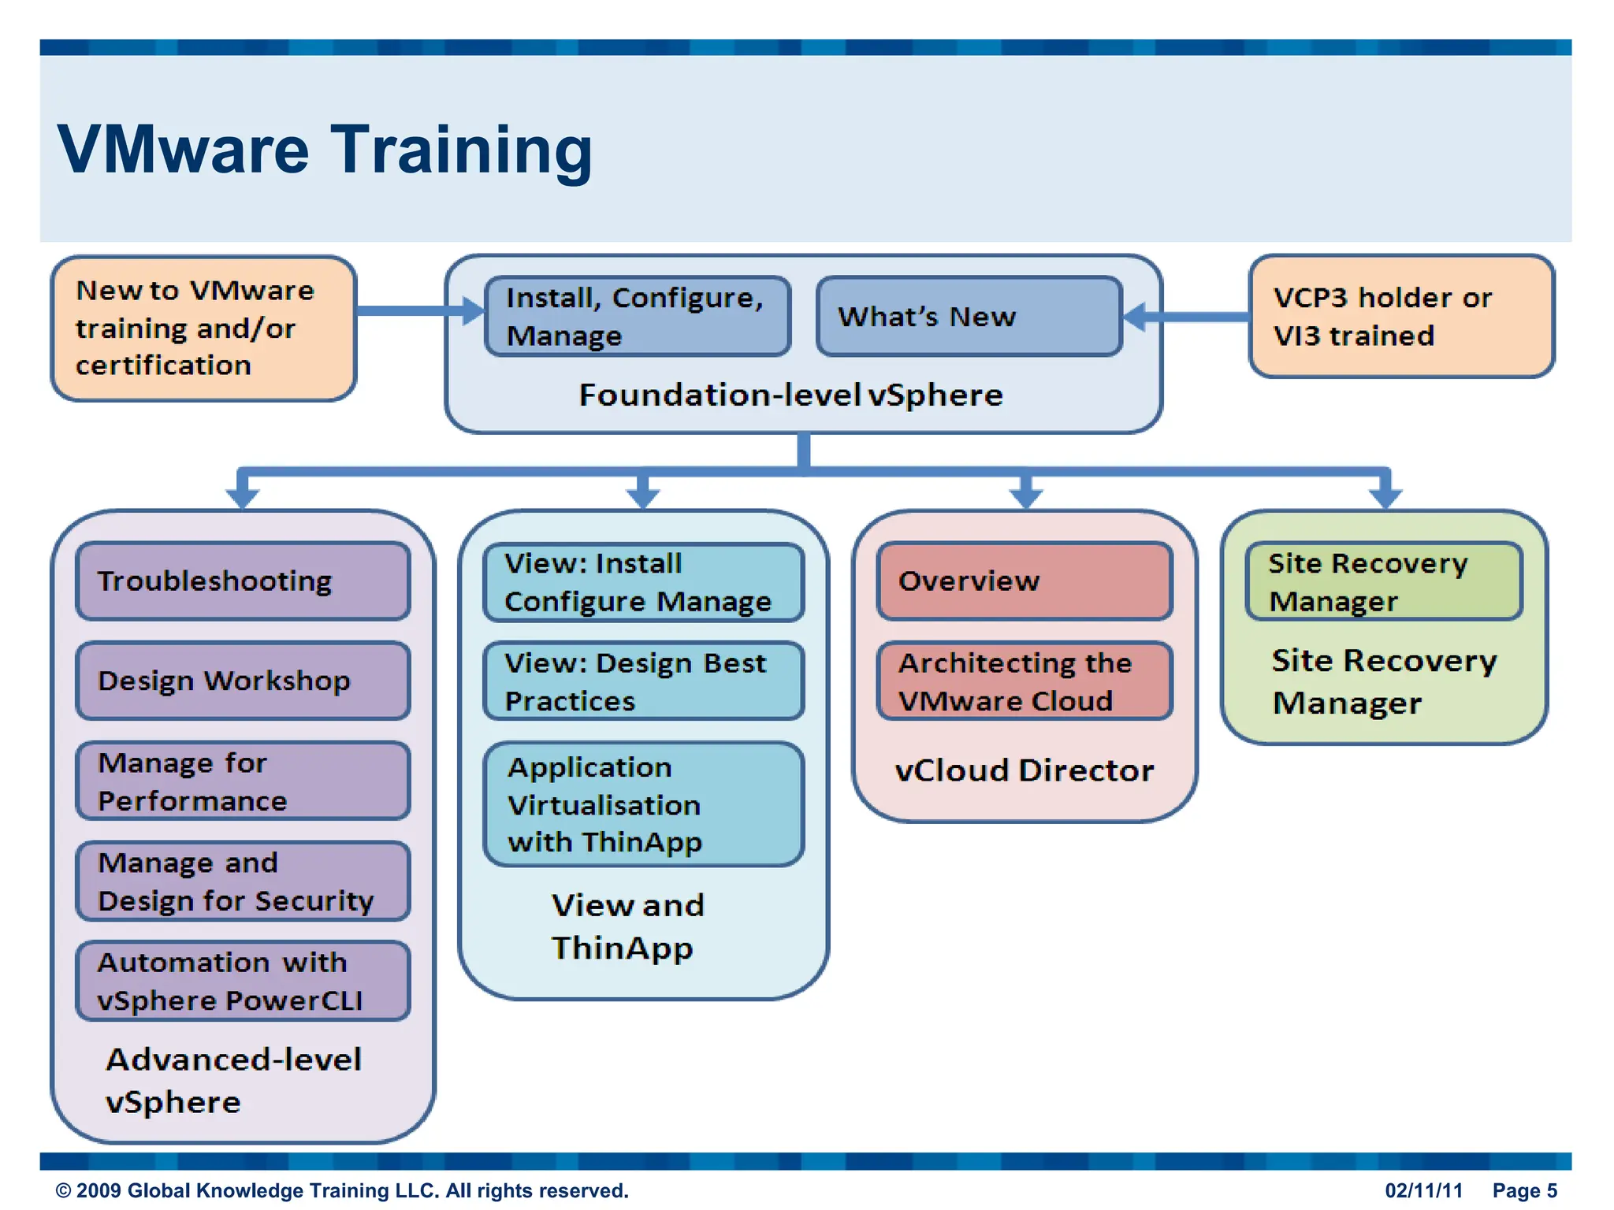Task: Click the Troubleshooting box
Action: [243, 581]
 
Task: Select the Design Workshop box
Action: [243, 681]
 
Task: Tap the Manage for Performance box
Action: [243, 781]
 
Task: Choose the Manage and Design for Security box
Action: [243, 881]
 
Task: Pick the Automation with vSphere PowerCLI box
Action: [243, 981]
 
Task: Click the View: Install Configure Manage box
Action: [643, 582]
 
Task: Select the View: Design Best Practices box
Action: [643, 681]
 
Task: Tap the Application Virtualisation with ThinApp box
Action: [643, 804]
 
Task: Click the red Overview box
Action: [1025, 581]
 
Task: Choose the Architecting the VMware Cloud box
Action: [1025, 681]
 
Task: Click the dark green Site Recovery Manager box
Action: [1384, 582]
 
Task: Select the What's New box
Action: [969, 316]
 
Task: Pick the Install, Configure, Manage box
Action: [638, 316]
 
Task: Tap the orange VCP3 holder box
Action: [1401, 316]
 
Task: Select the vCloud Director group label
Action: [1025, 770]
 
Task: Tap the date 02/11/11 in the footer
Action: [1423, 1190]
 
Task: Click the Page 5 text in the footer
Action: [1524, 1190]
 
